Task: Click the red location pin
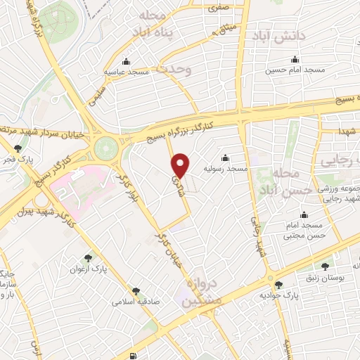181,165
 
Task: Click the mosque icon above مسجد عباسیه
127,60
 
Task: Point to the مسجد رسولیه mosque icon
224,157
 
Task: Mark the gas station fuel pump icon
134,356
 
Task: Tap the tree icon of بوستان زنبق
324,266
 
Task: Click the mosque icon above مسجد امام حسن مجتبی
304,214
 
